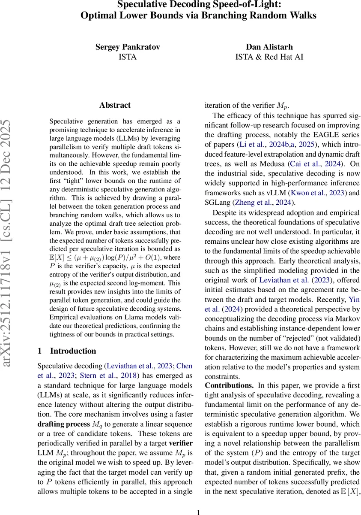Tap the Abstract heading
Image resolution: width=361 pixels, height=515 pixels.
pyautogui.click(x=115, y=105)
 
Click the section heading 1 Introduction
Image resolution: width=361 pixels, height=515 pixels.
pyautogui.click(x=67, y=351)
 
